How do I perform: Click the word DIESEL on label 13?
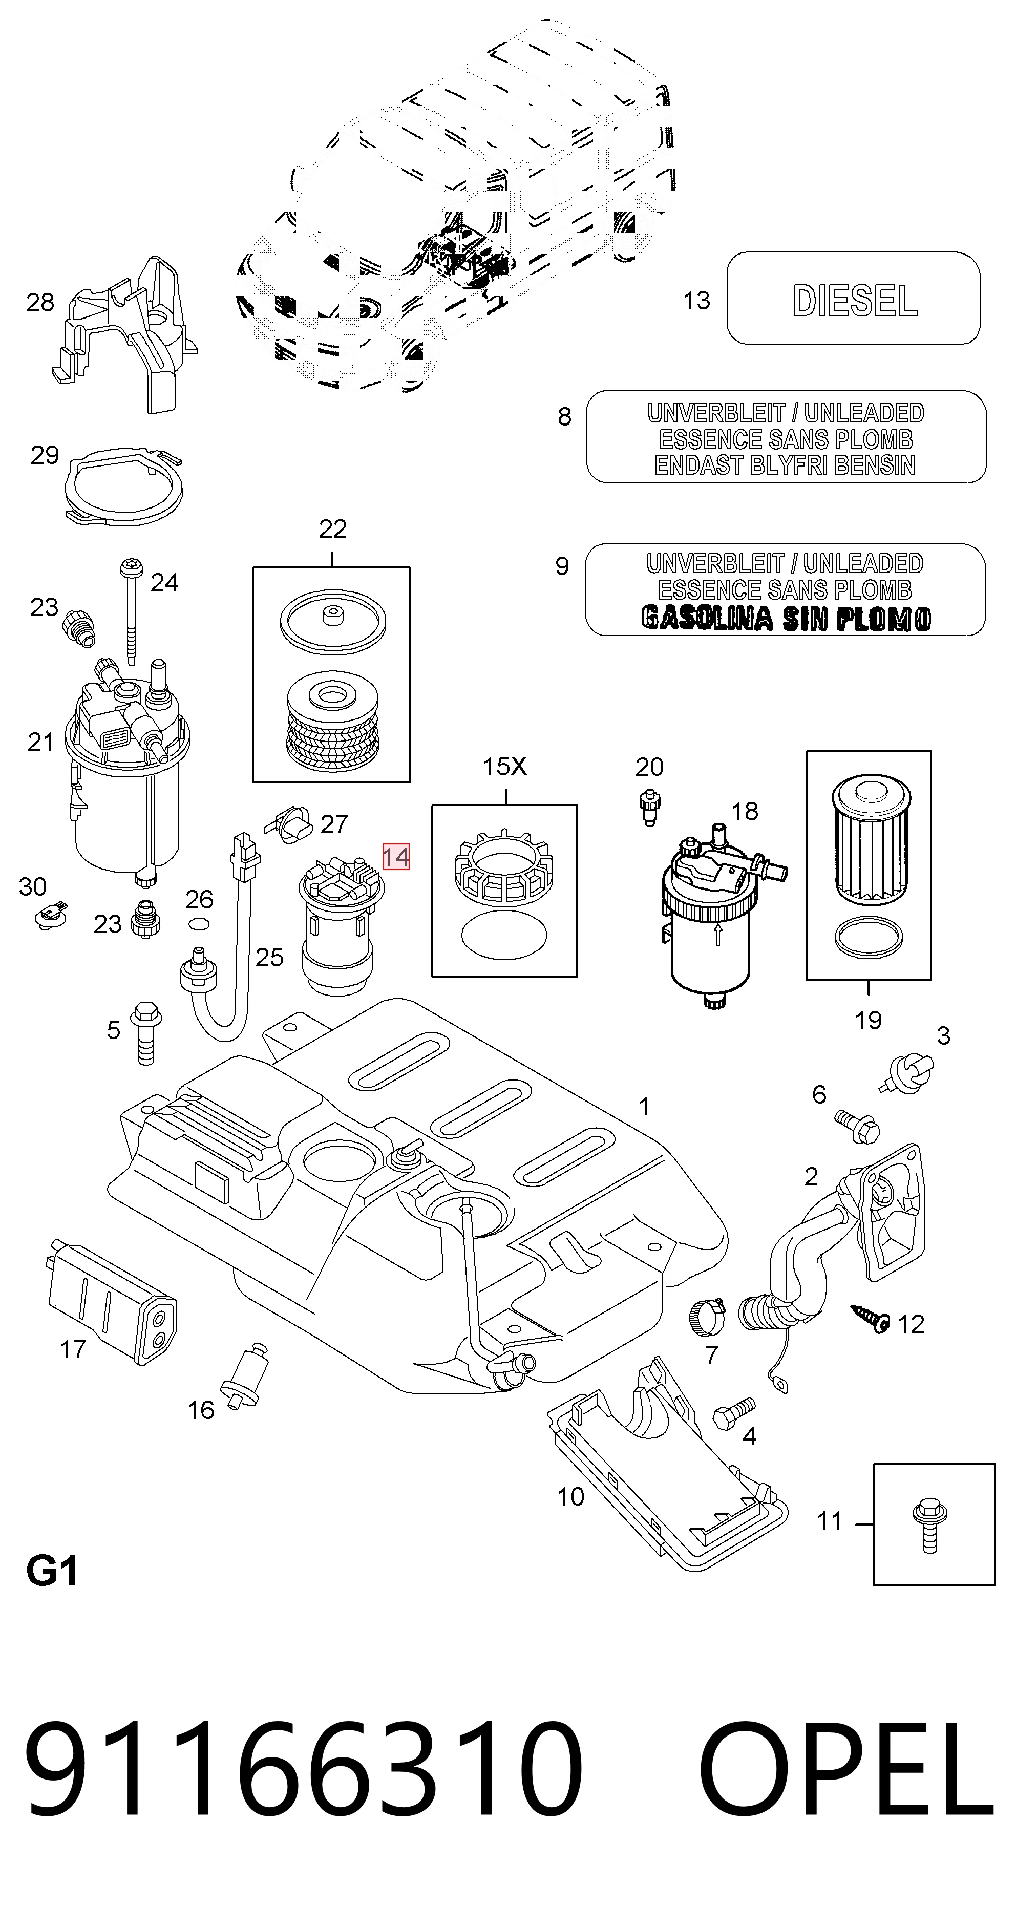[x=854, y=301]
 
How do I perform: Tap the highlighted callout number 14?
[x=396, y=857]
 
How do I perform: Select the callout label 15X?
[x=504, y=767]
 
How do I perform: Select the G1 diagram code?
[x=52, y=1571]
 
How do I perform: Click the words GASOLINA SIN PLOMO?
[x=786, y=618]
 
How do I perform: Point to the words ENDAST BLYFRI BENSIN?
[x=785, y=465]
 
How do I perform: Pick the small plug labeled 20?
[x=649, y=810]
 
